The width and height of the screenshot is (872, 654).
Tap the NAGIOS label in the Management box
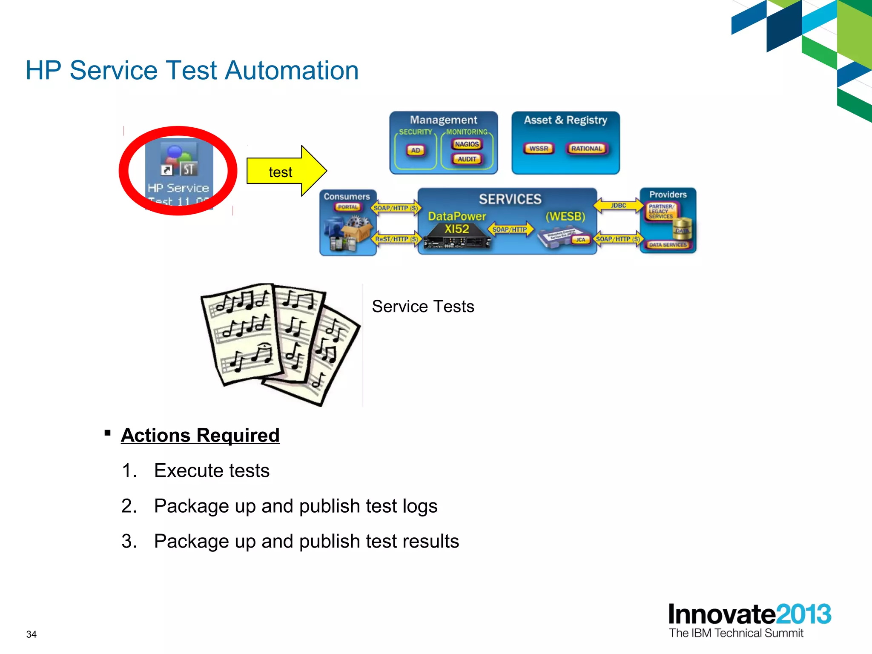click(x=467, y=144)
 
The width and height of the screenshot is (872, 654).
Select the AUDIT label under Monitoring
click(x=467, y=159)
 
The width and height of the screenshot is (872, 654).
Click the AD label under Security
click(x=416, y=150)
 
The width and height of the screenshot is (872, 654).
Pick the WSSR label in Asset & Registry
click(x=539, y=149)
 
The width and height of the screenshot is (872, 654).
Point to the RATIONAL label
click(x=586, y=149)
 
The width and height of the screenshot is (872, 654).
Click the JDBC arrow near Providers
click(x=618, y=206)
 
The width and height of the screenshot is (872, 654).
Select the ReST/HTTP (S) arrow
click(x=396, y=239)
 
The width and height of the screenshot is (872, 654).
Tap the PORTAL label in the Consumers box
click(x=348, y=207)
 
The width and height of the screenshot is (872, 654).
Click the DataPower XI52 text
click(x=456, y=223)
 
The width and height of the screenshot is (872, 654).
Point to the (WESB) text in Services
click(x=565, y=217)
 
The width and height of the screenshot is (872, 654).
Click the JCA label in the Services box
click(x=580, y=240)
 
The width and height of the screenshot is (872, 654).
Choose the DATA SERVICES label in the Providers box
click(x=668, y=245)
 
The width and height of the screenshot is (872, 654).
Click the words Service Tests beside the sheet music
click(x=423, y=307)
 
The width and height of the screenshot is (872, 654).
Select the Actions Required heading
click(x=200, y=435)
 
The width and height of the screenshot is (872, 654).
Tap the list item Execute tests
click(x=212, y=470)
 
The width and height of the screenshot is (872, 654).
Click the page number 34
click(x=32, y=634)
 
